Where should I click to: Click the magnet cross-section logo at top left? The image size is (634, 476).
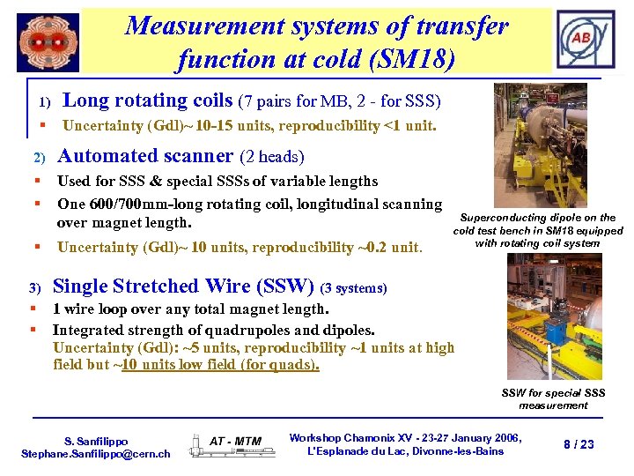(x=48, y=41)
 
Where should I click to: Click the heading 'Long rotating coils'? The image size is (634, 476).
(x=148, y=100)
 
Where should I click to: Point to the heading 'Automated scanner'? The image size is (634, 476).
(x=144, y=156)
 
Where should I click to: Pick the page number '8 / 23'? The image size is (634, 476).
(x=579, y=444)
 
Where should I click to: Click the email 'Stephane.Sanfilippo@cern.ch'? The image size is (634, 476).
(x=96, y=453)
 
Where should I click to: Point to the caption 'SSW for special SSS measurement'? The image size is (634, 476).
(x=553, y=399)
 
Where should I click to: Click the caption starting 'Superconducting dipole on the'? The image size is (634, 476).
(x=538, y=230)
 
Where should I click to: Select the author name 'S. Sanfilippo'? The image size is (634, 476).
(x=96, y=441)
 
